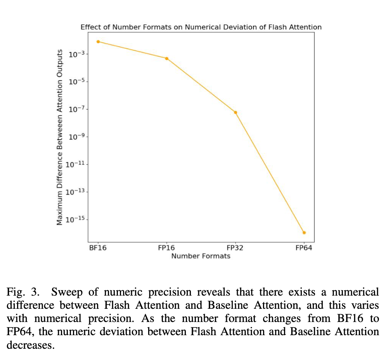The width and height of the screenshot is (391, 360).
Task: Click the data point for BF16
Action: (98, 42)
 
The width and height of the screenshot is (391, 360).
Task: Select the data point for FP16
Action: (167, 59)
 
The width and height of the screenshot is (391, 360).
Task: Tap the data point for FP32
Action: (235, 112)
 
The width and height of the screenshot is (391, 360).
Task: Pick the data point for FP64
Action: (304, 233)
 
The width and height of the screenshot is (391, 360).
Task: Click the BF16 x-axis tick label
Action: (98, 248)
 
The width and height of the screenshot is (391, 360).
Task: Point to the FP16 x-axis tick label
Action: (166, 248)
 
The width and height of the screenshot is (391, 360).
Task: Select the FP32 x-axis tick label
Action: (235, 248)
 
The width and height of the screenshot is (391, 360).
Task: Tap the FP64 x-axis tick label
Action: (304, 248)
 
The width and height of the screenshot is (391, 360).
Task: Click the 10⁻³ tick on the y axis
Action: (76, 54)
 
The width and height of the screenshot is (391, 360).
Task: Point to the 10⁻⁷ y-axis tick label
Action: (76, 109)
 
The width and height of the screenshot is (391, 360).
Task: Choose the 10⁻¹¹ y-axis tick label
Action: (75, 164)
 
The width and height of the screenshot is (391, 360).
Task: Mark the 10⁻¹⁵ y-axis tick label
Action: (75, 220)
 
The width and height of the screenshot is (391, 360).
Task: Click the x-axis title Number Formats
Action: (201, 256)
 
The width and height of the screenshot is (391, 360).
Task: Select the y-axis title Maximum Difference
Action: (59, 137)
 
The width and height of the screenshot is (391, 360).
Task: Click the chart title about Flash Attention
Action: (201, 27)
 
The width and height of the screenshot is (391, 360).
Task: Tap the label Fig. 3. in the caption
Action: (23, 292)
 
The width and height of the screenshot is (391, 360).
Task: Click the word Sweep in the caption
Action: (67, 292)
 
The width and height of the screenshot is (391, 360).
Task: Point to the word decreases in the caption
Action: (30, 345)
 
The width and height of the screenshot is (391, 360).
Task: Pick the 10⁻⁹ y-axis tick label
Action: (76, 137)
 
